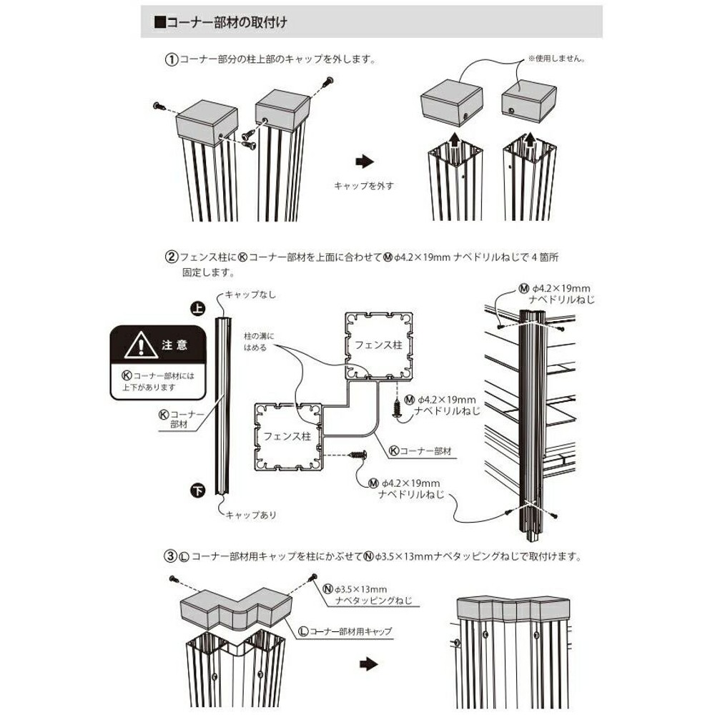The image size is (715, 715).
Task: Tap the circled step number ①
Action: click(171, 60)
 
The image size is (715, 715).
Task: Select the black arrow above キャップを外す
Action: click(365, 162)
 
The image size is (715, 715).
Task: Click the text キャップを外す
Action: click(364, 186)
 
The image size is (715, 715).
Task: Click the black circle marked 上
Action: click(197, 308)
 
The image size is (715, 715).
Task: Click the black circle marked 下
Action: click(197, 490)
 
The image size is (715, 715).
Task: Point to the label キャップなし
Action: click(250, 295)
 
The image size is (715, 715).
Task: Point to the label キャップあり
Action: click(250, 514)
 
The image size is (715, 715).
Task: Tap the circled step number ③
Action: click(171, 555)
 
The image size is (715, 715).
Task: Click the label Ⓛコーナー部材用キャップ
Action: click(345, 631)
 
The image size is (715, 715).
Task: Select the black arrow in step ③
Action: click(367, 664)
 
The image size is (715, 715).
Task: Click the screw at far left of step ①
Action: click(159, 107)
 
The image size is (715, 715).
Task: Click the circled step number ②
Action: click(172, 256)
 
